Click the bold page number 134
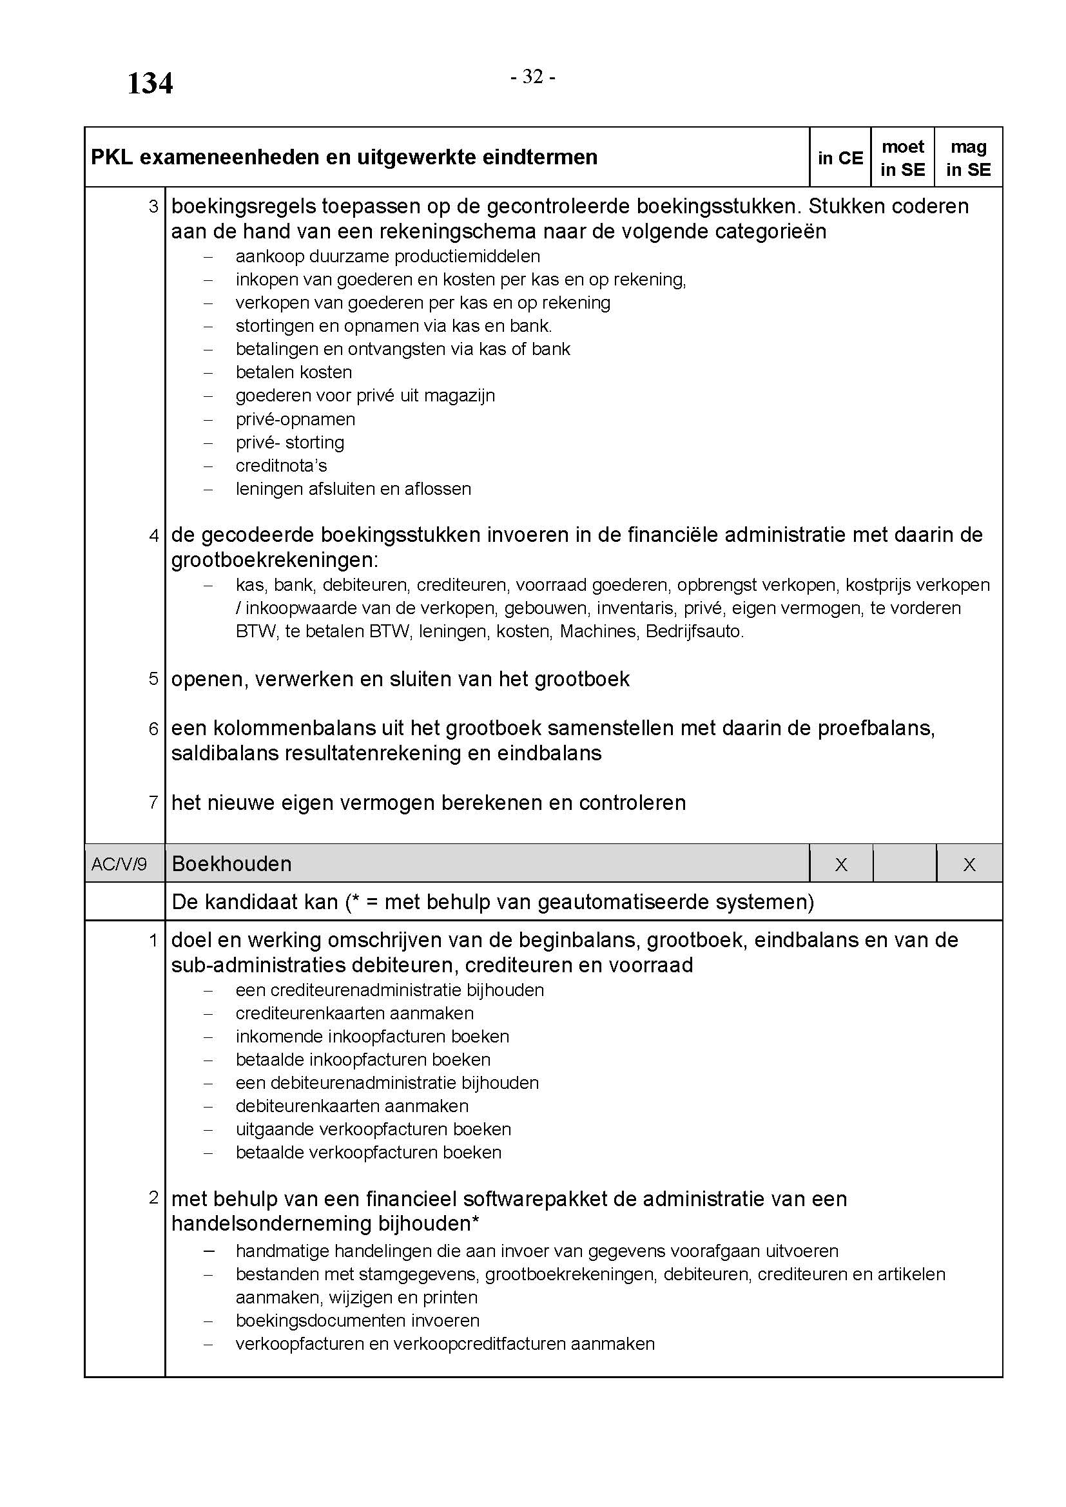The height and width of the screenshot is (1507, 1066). pyautogui.click(x=150, y=84)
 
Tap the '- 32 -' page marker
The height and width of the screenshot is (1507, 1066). pyautogui.click(x=533, y=77)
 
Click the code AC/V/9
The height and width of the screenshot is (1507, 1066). pyautogui.click(x=119, y=864)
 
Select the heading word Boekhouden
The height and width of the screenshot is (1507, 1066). pyautogui.click(x=232, y=864)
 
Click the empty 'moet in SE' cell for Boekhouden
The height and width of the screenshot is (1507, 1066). pyautogui.click(x=904, y=864)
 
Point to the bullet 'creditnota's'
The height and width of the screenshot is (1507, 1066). pyautogui.click(x=281, y=465)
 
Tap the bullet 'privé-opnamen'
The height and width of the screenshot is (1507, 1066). pyautogui.click(x=295, y=419)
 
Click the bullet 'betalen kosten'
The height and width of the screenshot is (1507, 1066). pyautogui.click(x=293, y=372)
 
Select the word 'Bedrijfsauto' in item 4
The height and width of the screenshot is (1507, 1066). pyautogui.click(x=694, y=631)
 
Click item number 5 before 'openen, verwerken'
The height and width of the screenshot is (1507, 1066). pyautogui.click(x=153, y=678)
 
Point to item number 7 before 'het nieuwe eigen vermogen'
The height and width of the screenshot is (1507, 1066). pyautogui.click(x=153, y=802)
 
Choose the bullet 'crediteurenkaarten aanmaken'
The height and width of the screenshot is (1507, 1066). pyautogui.click(x=354, y=1013)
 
